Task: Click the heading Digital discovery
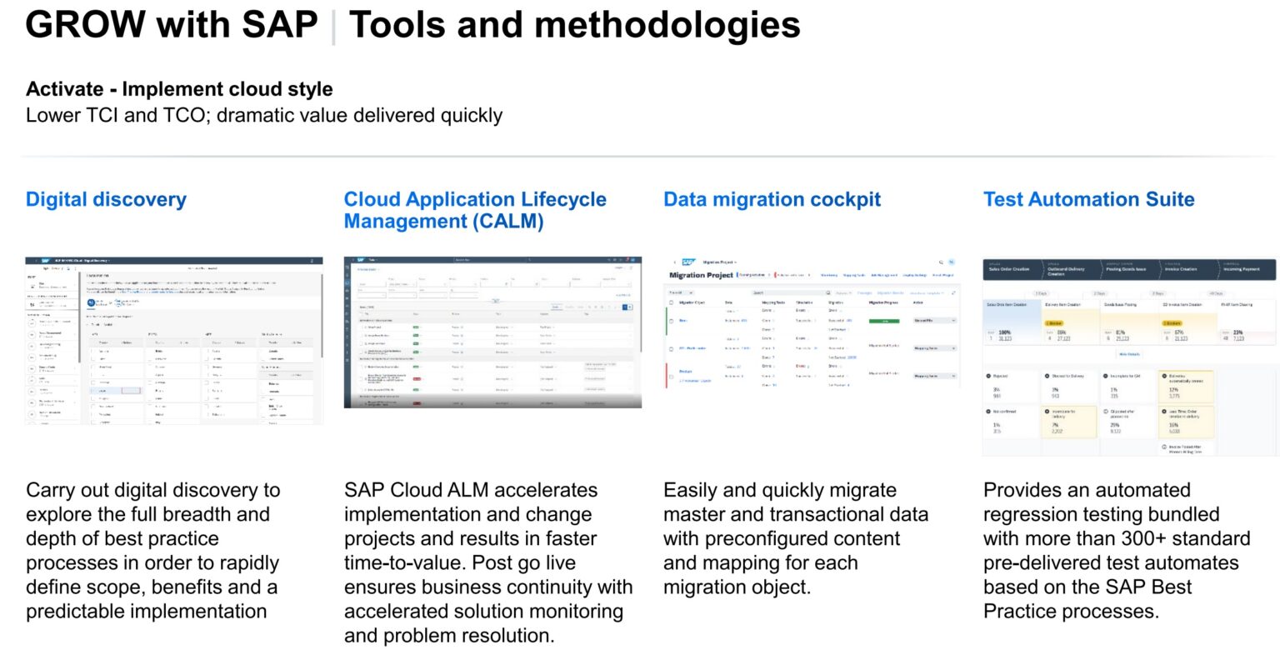coord(106,200)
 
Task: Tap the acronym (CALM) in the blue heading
coord(503,222)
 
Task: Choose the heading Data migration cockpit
coord(772,200)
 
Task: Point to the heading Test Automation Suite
coord(1088,200)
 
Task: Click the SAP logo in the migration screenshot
coord(688,262)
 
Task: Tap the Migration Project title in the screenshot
coord(701,275)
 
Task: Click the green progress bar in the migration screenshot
coord(884,321)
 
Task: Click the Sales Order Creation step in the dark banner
coord(1009,269)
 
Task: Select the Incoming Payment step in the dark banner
coord(1241,269)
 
